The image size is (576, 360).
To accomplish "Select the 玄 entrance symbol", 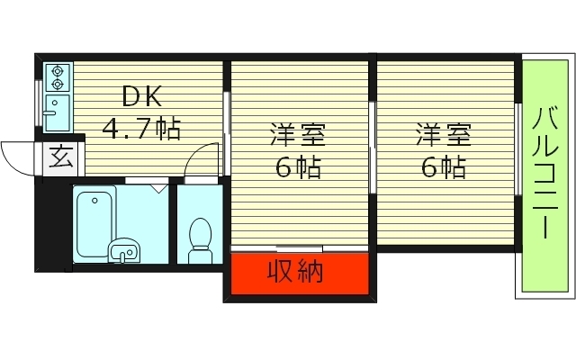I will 59,158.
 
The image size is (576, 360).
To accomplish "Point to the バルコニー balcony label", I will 544,174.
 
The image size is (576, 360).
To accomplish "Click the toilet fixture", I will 199,240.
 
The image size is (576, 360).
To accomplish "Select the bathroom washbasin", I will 122,251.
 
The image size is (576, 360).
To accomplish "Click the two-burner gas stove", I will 57,77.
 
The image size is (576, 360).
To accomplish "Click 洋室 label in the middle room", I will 297,137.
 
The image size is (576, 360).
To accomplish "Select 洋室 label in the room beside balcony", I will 442,137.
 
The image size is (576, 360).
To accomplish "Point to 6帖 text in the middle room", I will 298,168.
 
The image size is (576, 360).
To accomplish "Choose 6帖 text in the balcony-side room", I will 442,168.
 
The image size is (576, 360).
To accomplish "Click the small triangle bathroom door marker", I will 158,188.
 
